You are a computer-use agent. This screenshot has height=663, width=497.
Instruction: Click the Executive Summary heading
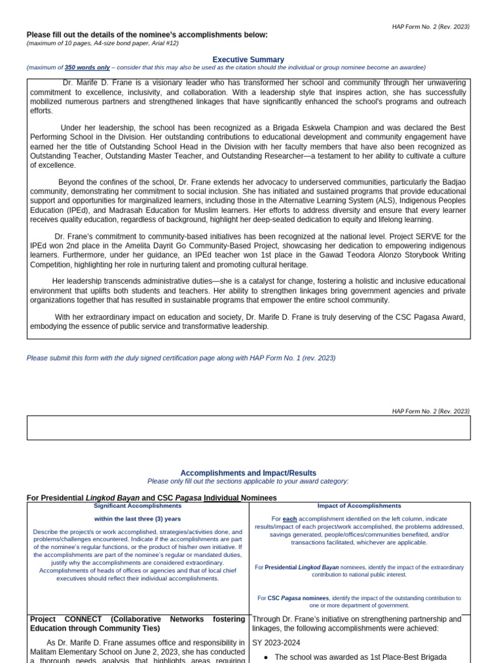pyautogui.click(x=248, y=60)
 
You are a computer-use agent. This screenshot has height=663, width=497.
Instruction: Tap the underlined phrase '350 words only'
pyautogui.click(x=87, y=67)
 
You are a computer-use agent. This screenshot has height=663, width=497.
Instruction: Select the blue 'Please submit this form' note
pyautogui.click(x=181, y=357)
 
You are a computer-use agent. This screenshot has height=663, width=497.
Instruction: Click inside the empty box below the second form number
pyautogui.click(x=248, y=428)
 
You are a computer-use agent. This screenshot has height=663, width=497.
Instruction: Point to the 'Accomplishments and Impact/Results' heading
pyautogui.click(x=248, y=473)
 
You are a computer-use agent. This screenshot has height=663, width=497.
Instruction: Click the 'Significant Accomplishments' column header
pyautogui.click(x=138, y=506)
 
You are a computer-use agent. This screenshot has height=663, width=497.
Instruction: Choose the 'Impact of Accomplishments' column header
pyautogui.click(x=359, y=506)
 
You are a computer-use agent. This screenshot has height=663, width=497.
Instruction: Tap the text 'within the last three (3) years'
pyautogui.click(x=138, y=519)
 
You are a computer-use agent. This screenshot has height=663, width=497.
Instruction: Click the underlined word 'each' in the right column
pyautogui.click(x=290, y=519)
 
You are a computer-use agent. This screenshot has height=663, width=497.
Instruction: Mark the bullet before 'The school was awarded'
pyautogui.click(x=266, y=657)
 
